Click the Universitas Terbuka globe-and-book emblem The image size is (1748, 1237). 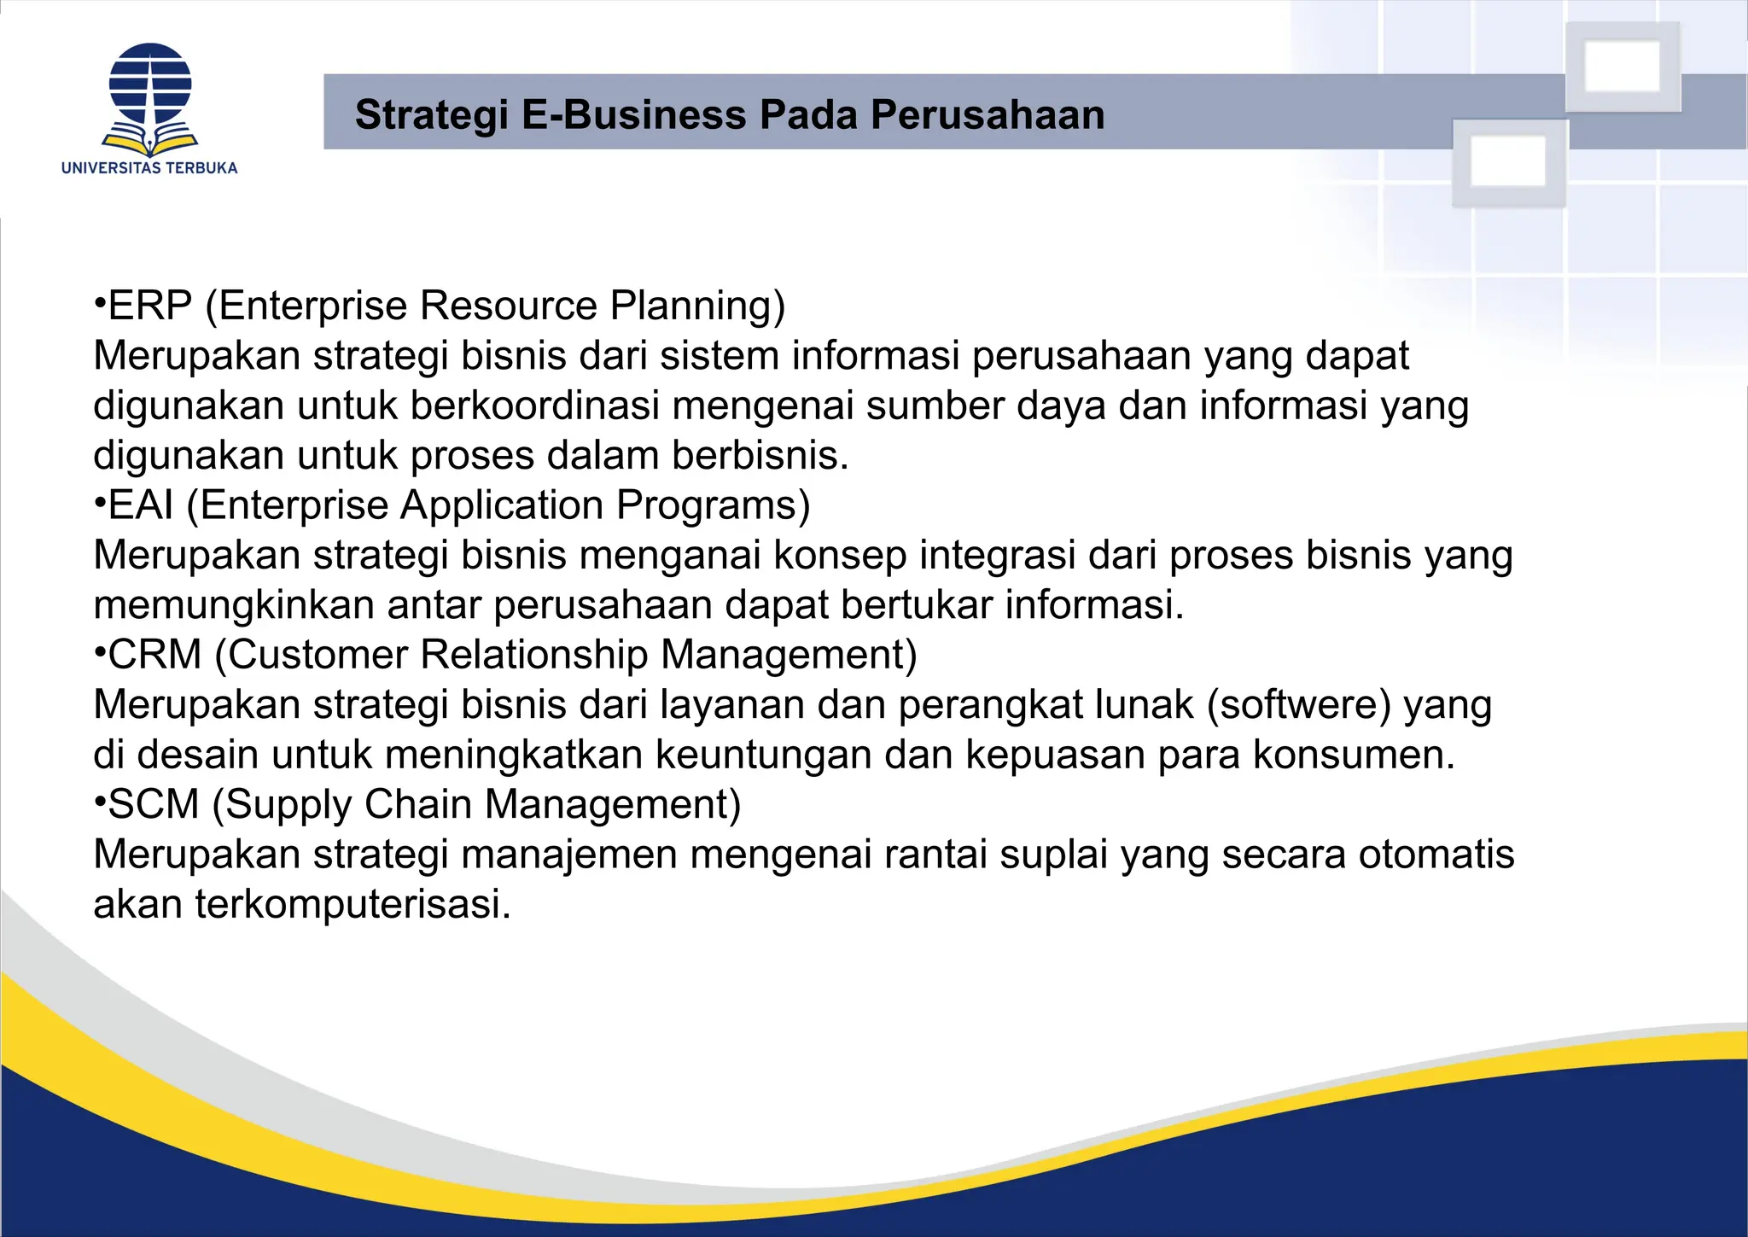[x=150, y=98]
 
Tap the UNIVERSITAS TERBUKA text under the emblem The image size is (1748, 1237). [x=149, y=168]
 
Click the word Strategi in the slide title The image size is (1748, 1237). [x=431, y=115]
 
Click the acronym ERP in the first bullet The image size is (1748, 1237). [x=150, y=306]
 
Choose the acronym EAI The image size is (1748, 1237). [x=141, y=505]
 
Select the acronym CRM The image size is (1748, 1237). [x=154, y=655]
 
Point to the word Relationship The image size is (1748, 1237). [x=533, y=655]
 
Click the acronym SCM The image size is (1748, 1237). [x=154, y=804]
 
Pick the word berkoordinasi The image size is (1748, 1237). [x=535, y=406]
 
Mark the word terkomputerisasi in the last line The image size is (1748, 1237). [x=353, y=904]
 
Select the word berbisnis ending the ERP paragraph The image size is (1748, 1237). [x=760, y=456]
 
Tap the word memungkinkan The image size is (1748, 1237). [x=234, y=605]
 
